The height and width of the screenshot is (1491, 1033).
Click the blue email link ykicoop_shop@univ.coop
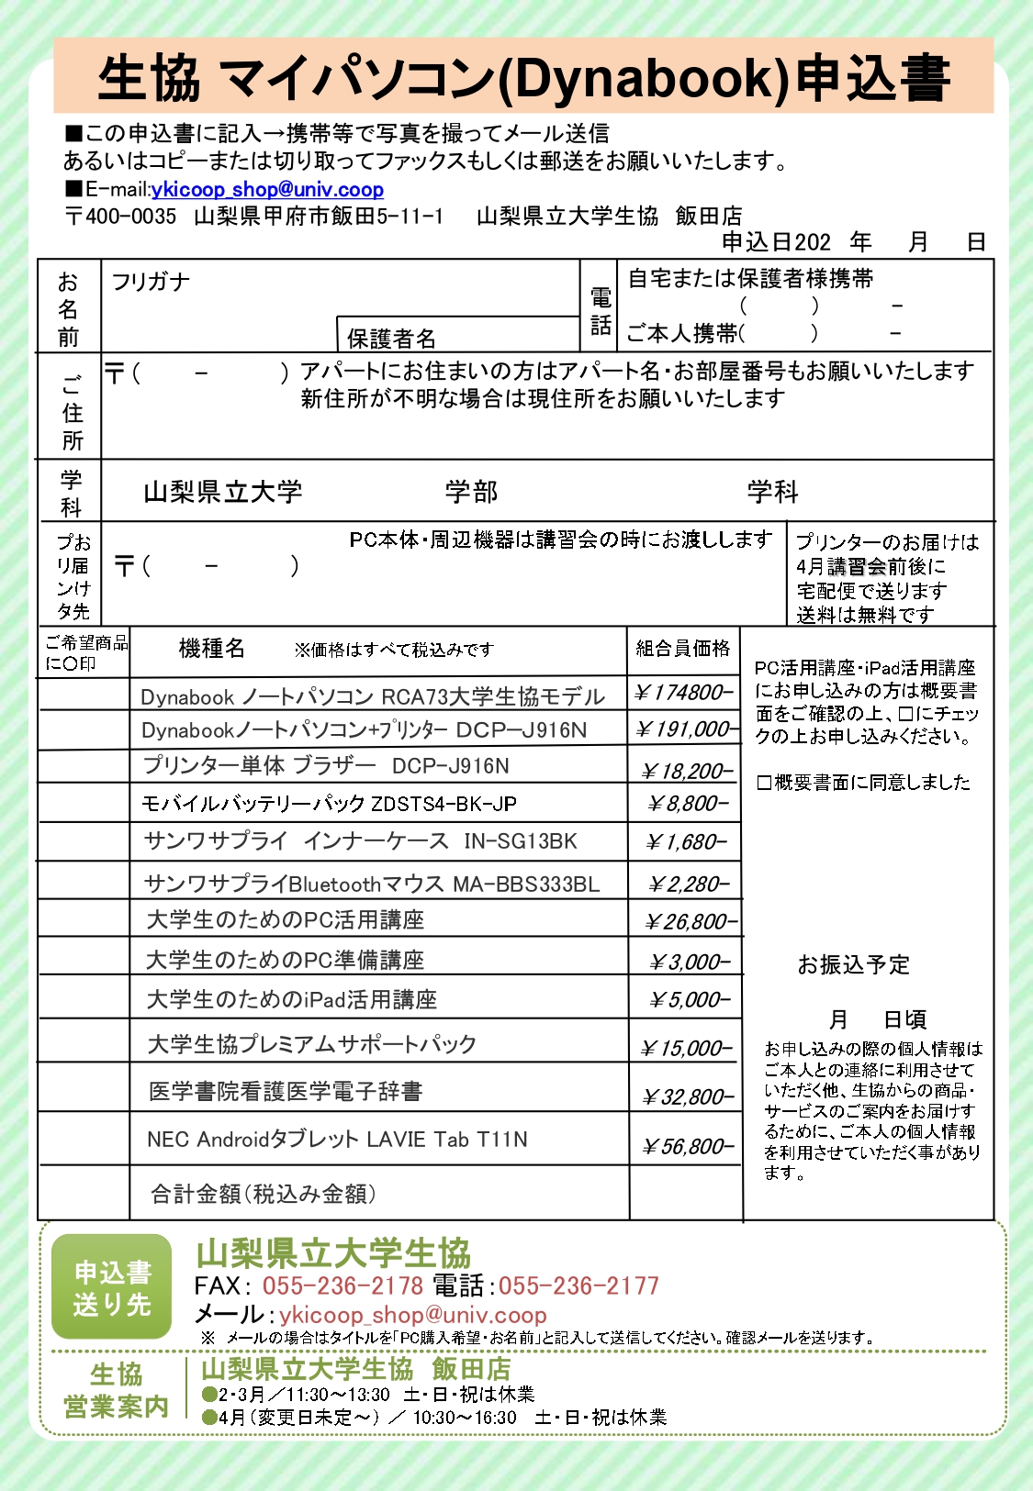pos(267,190)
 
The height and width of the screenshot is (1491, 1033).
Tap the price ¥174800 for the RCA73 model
pos(684,693)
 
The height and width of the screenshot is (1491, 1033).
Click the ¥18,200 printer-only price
pos(687,772)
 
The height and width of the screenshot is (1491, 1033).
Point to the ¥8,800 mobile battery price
pos(688,805)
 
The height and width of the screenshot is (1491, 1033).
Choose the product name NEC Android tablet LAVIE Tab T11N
pos(337,1140)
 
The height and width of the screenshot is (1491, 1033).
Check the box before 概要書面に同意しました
pos(764,783)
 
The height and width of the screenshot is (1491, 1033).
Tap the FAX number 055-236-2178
pos(342,1285)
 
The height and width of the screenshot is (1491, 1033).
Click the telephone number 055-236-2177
pos(578,1285)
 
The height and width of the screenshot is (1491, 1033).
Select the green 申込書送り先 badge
pos(112,1286)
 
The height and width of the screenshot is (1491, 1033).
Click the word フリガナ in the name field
pos(151,282)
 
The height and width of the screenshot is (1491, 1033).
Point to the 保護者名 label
pos(391,339)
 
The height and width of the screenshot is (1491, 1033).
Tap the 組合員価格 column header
pos(683,649)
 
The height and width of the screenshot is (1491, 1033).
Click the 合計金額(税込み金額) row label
pos(263,1194)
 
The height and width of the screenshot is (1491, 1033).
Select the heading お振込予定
pos(853,964)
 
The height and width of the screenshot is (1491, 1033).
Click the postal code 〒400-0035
pos(120,217)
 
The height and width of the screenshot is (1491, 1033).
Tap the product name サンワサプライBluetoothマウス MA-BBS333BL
pos(372,885)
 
